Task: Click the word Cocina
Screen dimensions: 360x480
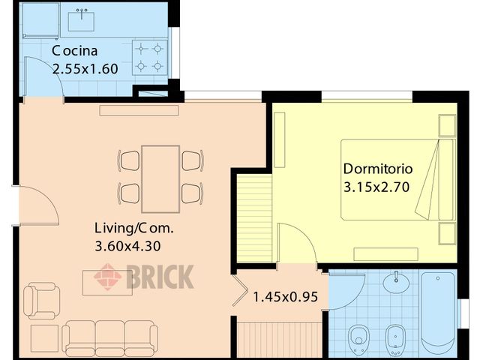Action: point(75,51)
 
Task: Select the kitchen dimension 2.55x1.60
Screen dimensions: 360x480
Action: point(85,68)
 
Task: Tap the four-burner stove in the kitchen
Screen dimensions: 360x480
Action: point(148,57)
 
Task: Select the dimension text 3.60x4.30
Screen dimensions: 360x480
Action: point(128,245)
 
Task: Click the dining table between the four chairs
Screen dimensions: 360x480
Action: point(160,178)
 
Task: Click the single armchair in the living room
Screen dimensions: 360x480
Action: point(40,300)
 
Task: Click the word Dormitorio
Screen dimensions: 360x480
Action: point(377,168)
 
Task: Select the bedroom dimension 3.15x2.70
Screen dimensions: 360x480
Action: point(376,187)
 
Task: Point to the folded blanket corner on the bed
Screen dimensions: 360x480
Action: point(428,187)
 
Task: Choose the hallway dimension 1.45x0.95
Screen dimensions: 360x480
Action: point(285,297)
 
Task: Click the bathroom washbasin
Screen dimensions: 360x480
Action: point(395,283)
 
